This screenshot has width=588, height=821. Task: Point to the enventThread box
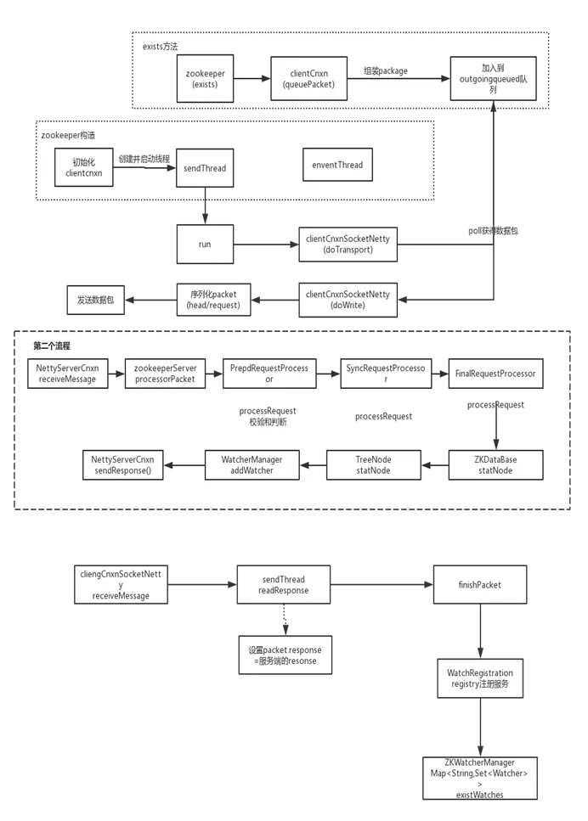[x=332, y=165]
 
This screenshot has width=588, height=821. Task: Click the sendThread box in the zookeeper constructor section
[x=205, y=168]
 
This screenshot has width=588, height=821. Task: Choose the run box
[x=205, y=245]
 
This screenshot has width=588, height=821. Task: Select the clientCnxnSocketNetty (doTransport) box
[x=347, y=245]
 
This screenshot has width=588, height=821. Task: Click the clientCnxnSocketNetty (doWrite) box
[x=347, y=300]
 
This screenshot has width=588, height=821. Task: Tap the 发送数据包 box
[x=96, y=301]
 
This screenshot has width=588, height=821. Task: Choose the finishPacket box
[x=479, y=585]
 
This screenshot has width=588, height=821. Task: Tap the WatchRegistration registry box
[x=479, y=678]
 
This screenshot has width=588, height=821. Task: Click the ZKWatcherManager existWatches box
[x=479, y=777]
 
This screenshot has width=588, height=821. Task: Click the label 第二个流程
[x=53, y=346]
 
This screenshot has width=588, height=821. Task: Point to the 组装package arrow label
[x=386, y=70]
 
